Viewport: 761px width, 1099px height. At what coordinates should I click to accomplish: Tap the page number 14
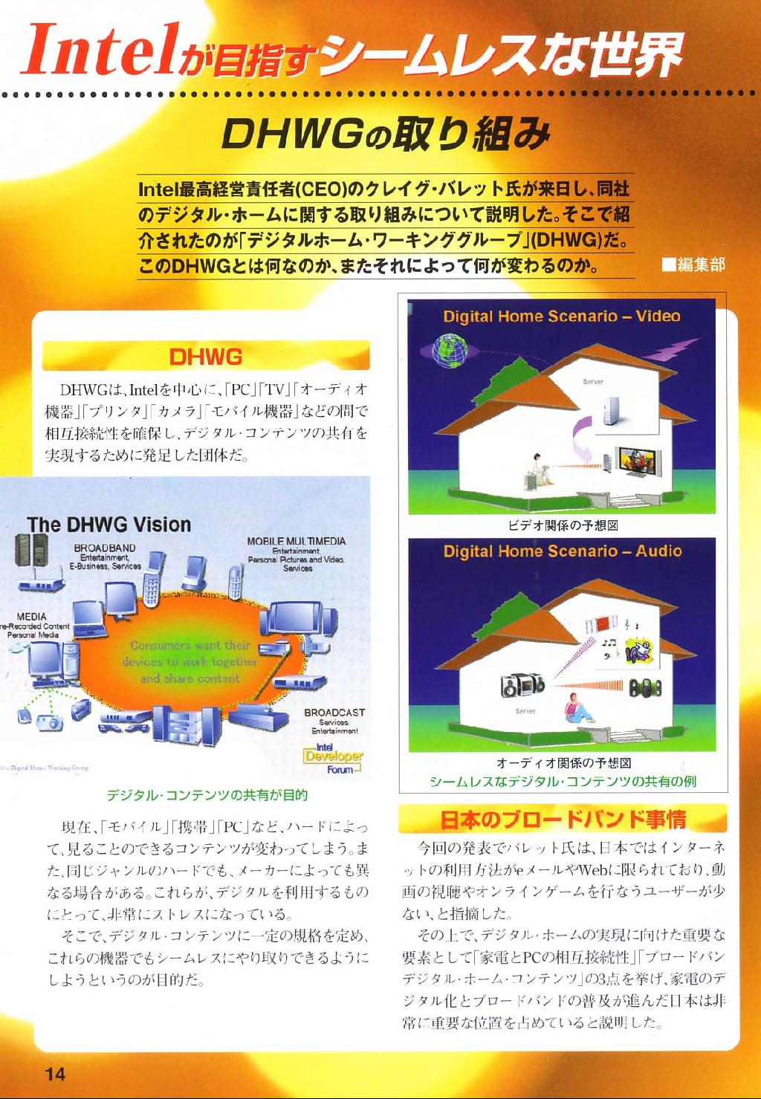click(x=55, y=1073)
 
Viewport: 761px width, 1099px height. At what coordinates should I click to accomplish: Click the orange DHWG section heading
click(x=206, y=357)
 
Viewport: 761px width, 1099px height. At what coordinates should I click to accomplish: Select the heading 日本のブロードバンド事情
click(x=563, y=820)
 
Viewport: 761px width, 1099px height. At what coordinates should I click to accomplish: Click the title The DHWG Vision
click(x=109, y=525)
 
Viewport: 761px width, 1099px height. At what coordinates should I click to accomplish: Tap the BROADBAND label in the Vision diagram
click(x=105, y=548)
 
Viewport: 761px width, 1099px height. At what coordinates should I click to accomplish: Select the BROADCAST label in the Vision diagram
click(x=334, y=713)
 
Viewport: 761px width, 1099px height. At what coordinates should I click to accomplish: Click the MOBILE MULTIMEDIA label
click(x=296, y=542)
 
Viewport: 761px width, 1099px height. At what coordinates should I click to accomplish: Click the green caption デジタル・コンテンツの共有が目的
click(x=207, y=795)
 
